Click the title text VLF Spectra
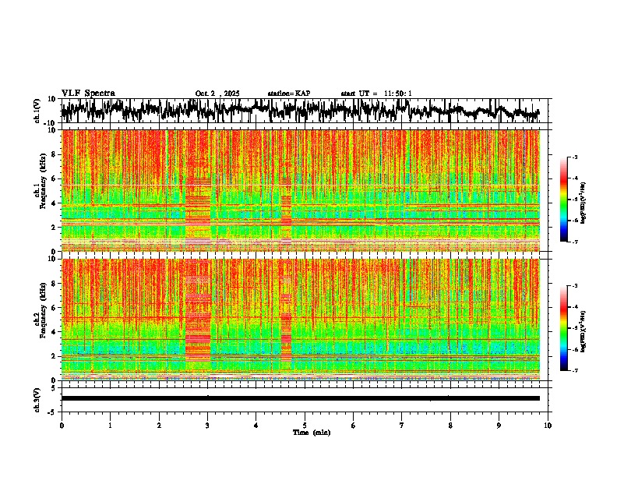click(88, 93)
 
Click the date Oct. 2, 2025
click(217, 94)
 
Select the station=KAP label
click(288, 94)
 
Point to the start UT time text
click(376, 94)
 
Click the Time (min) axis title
click(311, 432)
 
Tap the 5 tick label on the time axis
click(305, 425)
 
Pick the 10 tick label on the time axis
click(548, 425)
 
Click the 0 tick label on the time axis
click(62, 425)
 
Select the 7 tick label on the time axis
click(402, 425)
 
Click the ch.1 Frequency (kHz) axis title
click(41, 190)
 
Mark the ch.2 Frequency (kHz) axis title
click(41, 319)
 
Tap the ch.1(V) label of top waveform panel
click(37, 111)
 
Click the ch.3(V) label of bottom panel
click(37, 398)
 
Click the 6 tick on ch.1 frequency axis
click(53, 178)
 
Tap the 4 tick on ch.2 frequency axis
click(53, 331)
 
